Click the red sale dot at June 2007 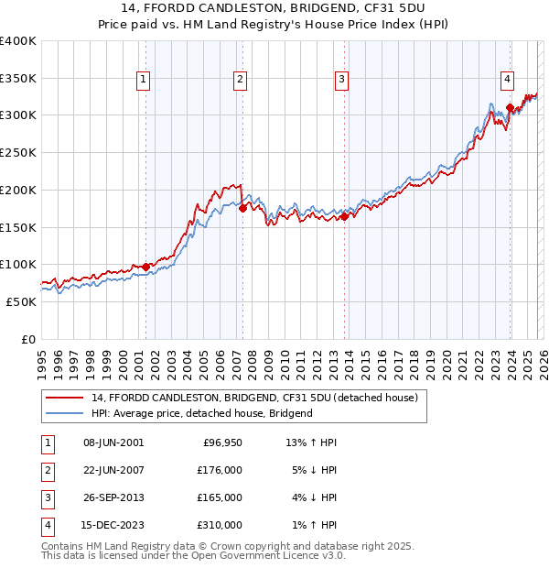click(x=242, y=208)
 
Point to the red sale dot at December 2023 click(x=510, y=108)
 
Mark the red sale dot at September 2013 click(x=345, y=216)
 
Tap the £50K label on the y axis click(x=21, y=301)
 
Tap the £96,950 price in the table click(x=221, y=442)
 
